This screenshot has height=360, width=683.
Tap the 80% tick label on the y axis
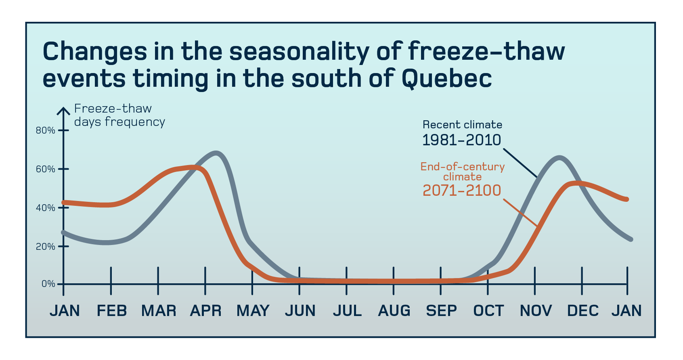coord(45,130)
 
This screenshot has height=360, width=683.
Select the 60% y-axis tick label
coord(45,169)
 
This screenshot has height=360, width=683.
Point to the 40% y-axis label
coord(45,208)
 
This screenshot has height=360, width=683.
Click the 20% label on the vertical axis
coord(45,246)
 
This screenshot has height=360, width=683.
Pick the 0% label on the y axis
coord(48,284)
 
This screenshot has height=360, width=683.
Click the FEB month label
coord(112,311)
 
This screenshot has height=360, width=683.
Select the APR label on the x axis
coord(206,311)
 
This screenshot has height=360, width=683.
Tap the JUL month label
coord(347,311)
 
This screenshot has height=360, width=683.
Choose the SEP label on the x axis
coord(442,311)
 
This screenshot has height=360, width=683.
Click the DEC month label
coord(583,311)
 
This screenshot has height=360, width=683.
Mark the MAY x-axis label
coord(253,311)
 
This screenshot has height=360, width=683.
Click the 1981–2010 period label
coord(461,140)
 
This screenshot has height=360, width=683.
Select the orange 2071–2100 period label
coord(462,190)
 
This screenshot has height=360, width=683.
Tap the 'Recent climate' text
coord(462,125)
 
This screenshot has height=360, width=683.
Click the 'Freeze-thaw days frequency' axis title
coord(119,115)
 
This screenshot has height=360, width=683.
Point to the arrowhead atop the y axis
coord(63,110)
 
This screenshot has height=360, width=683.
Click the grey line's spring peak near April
coord(216,153)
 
